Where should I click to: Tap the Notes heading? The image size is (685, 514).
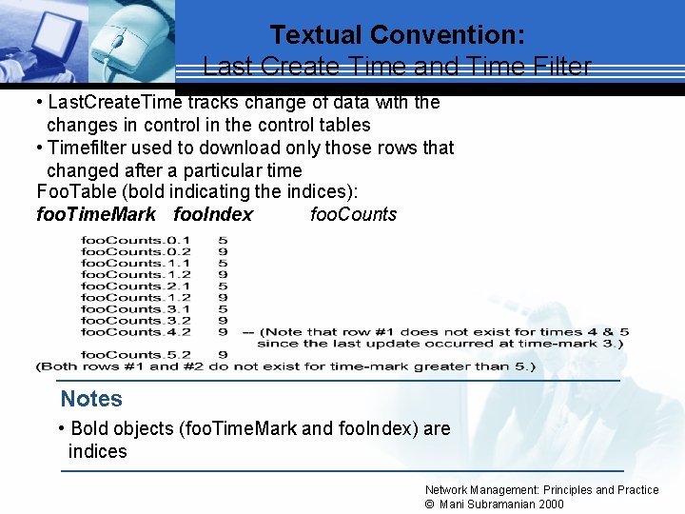(91, 399)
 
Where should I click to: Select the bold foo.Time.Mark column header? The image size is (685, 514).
(95, 214)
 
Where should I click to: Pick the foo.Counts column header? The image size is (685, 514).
(353, 214)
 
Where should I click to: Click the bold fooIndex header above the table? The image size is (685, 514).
(213, 214)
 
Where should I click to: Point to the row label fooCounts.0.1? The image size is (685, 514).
(135, 240)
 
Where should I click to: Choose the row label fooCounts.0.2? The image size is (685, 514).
(135, 251)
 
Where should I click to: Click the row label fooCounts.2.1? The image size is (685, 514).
(135, 286)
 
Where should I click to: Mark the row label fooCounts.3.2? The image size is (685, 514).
(135, 320)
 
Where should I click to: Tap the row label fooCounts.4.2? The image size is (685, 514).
(135, 331)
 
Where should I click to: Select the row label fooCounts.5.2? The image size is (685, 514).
(135, 354)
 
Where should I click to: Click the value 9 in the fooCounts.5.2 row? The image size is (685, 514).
(222, 354)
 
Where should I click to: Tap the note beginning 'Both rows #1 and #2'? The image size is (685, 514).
(285, 366)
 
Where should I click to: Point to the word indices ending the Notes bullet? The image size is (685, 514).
(97, 451)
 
